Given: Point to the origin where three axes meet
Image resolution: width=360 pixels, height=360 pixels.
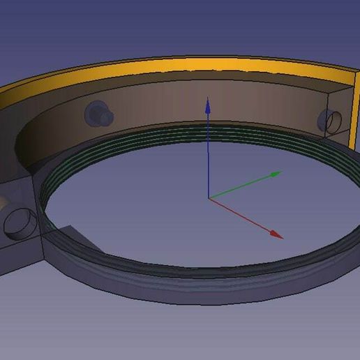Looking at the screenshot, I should point(209,198).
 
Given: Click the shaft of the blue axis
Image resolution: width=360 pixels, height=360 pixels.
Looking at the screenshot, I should point(208,153).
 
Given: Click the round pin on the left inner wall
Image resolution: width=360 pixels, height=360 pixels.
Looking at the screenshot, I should point(95,112).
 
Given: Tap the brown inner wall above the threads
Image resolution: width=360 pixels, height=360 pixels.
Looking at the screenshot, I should point(174,105).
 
